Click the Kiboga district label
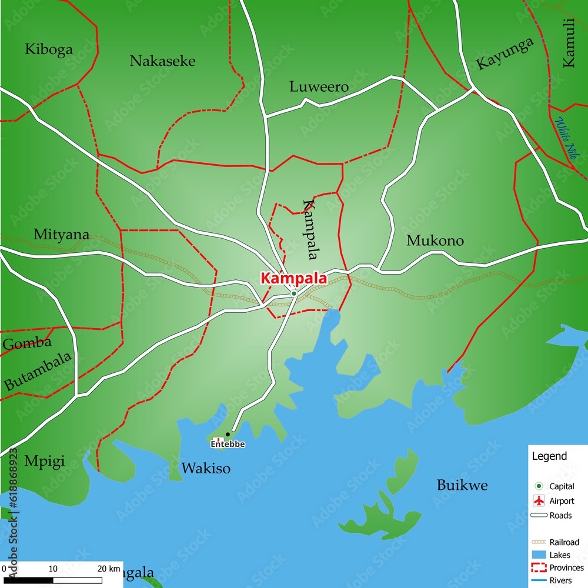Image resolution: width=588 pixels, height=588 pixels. (49, 49)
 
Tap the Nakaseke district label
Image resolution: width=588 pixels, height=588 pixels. (162, 61)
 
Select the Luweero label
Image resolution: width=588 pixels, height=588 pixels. (319, 87)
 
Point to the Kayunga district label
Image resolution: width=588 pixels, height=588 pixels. (505, 54)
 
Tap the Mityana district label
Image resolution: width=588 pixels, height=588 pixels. (61, 235)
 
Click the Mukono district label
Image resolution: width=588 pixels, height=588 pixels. (435, 240)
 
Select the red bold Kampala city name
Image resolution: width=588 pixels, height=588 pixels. (293, 279)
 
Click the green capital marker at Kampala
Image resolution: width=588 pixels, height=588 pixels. (293, 293)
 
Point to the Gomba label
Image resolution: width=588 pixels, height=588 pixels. (27, 343)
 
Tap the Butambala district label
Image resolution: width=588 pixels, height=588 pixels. (38, 372)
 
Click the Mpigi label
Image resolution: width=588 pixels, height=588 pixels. (44, 461)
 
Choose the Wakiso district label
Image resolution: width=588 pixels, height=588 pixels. (206, 469)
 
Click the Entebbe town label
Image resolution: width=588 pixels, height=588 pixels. (228, 445)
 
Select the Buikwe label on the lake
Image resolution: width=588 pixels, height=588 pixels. (462, 486)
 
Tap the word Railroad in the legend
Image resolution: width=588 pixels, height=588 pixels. (564, 542)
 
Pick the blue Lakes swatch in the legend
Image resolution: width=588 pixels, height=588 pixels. (538, 555)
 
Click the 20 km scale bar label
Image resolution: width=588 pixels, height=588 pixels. (109, 569)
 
